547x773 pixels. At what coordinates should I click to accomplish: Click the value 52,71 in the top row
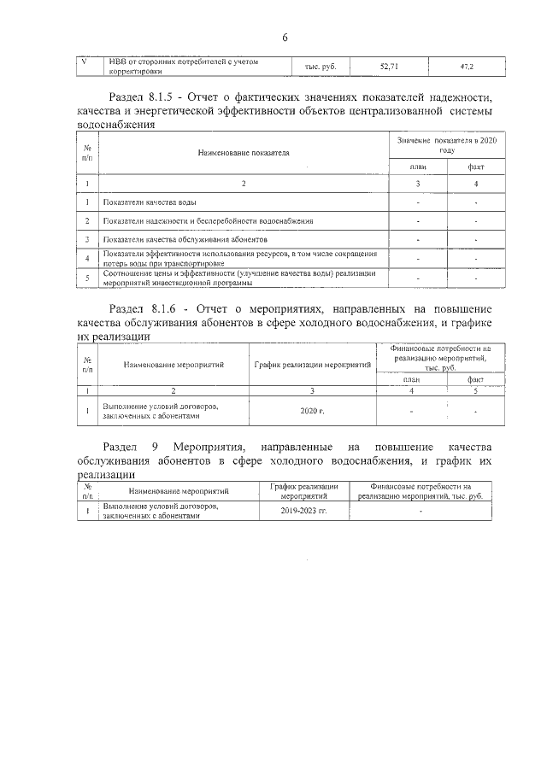389,65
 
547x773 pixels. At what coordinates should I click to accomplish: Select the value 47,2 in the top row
468,65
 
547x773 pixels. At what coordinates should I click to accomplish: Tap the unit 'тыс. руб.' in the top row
320,66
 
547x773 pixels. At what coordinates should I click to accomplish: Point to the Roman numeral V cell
83,61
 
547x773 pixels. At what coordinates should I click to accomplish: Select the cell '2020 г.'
312,412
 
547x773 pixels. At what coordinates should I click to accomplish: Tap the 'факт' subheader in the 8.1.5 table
475,167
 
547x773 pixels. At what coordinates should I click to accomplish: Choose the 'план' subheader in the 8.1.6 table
412,379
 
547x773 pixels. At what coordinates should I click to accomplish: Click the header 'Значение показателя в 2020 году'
441,143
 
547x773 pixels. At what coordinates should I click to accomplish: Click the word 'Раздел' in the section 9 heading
120,448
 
